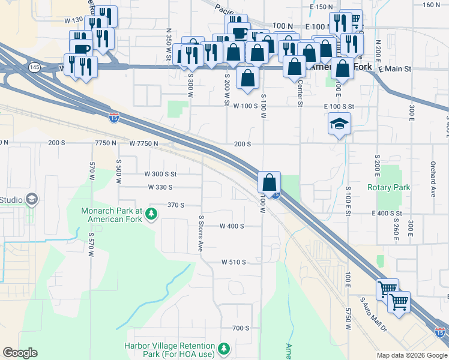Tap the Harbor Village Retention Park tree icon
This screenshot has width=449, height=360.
(224, 349)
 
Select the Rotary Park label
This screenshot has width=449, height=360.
(388, 187)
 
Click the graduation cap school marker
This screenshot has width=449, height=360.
(339, 124)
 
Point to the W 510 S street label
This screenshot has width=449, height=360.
(234, 262)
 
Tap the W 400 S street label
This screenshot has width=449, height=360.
(232, 226)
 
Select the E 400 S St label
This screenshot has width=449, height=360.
(387, 214)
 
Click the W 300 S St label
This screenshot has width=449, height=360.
(161, 174)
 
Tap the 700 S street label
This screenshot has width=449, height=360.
(240, 328)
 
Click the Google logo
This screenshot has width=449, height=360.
(20, 353)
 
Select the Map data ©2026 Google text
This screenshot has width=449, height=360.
(412, 355)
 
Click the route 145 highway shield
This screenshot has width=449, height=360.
(34, 67)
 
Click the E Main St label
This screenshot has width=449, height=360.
(395, 70)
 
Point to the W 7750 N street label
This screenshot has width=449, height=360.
(143, 143)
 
